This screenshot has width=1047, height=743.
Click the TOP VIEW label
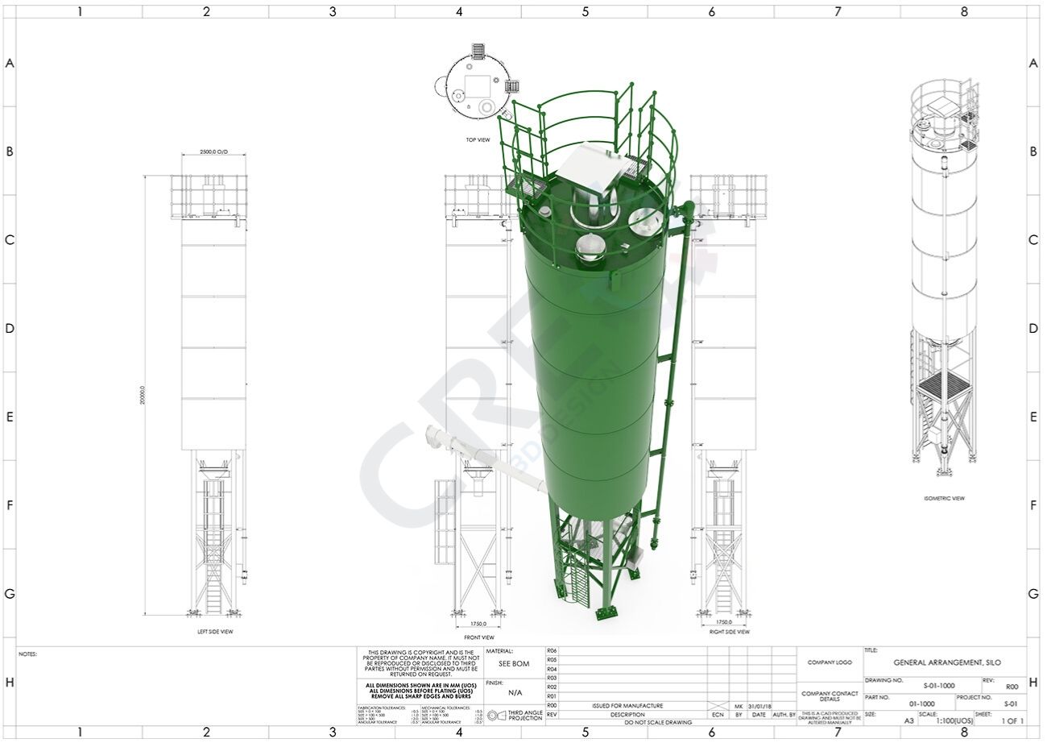[x=478, y=139]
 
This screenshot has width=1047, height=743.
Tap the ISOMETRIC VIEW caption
[x=944, y=498]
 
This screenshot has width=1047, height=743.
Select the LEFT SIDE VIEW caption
[x=215, y=632]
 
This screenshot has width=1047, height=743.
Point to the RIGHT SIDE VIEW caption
[x=729, y=632]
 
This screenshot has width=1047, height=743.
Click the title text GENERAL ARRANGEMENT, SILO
[x=947, y=662]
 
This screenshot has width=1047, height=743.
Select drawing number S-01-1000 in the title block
[x=939, y=685]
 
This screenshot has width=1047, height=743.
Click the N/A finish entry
[x=515, y=692]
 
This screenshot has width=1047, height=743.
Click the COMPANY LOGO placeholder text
[x=829, y=662]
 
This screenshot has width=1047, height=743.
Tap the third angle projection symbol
[x=494, y=715]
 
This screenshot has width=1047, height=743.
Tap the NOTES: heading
[x=27, y=654]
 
